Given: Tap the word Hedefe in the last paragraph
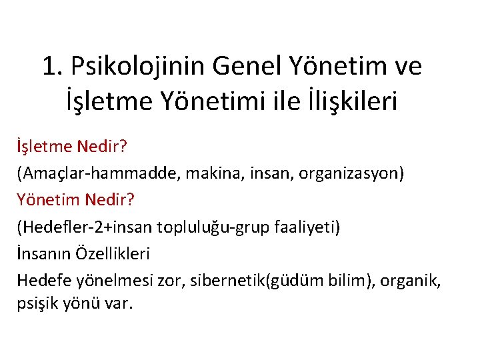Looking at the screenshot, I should (41, 280).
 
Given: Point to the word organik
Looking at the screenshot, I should (415, 280).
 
